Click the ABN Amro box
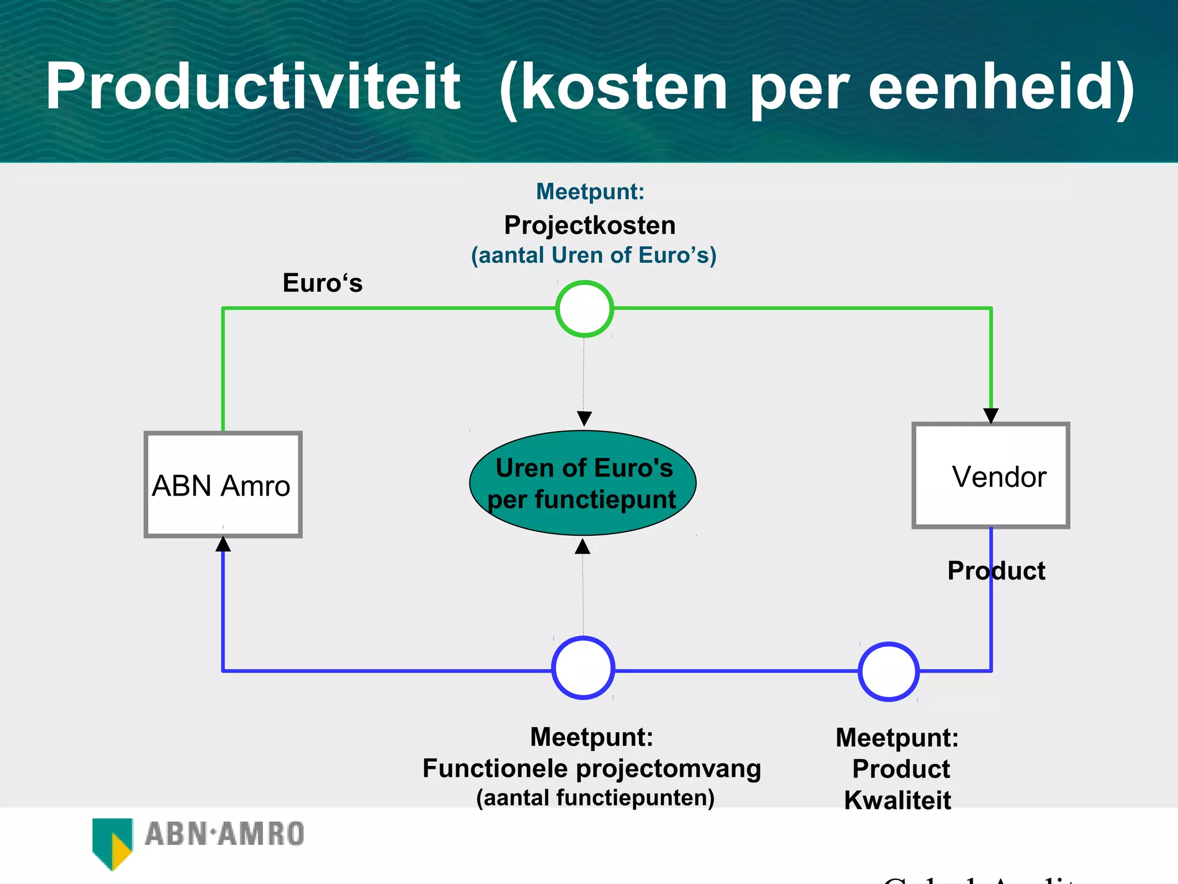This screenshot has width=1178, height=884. [223, 485]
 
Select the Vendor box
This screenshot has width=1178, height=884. [990, 475]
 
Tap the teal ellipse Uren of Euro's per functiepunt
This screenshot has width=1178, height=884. [583, 483]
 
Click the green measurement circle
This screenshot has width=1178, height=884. [584, 308]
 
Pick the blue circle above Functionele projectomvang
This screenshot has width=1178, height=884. [583, 668]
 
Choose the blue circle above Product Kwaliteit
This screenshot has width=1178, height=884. [889, 671]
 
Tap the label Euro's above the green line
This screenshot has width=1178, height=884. [323, 283]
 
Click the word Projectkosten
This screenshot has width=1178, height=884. [590, 225]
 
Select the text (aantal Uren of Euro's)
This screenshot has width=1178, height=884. [594, 255]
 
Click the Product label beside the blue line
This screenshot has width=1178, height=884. [996, 570]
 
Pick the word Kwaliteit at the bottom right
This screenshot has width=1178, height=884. [897, 800]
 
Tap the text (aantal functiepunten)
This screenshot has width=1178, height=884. [595, 798]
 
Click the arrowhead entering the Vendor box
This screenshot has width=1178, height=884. [990, 416]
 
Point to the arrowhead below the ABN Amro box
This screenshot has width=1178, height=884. [223, 544]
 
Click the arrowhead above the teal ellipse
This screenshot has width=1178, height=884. [584, 418]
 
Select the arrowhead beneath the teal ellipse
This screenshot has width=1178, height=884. [583, 546]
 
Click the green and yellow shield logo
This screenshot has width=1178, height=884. [113, 842]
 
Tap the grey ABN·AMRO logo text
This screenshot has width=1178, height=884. [224, 834]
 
